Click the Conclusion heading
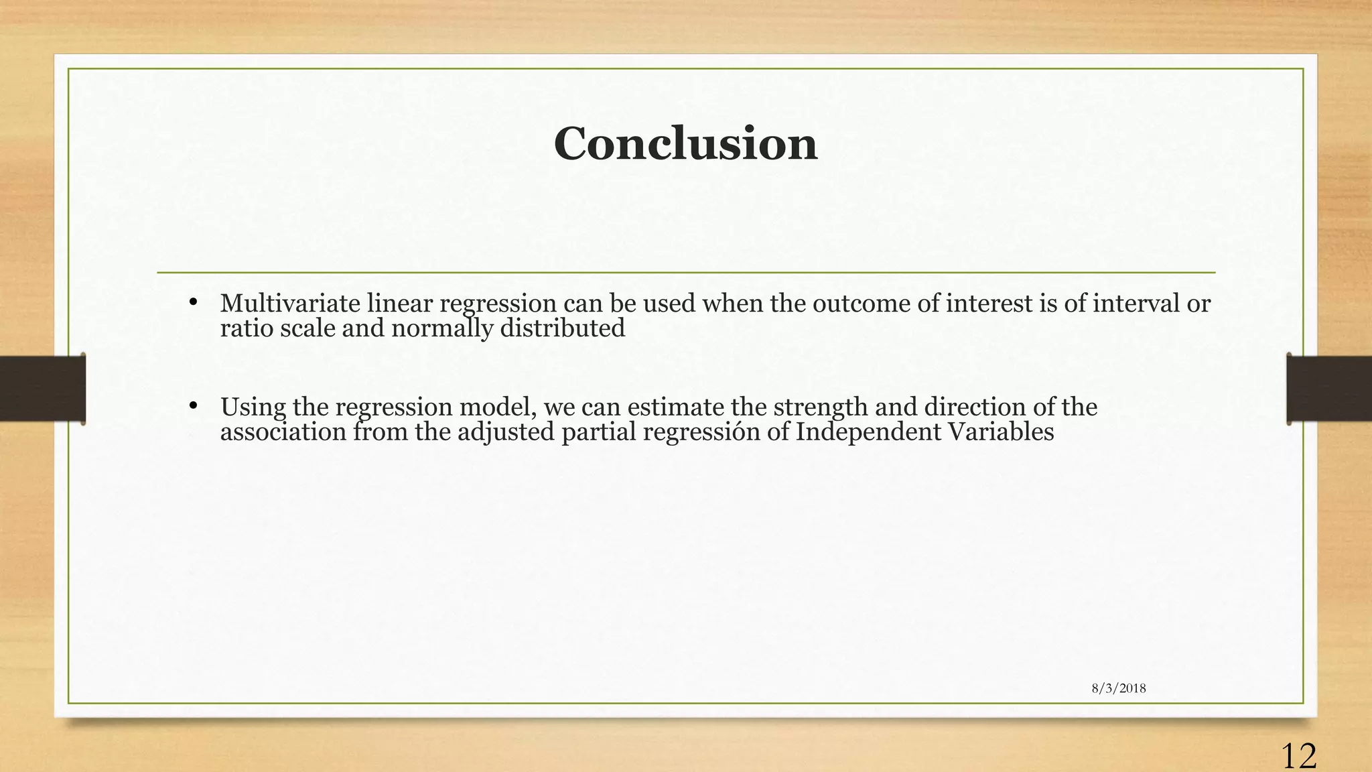pyautogui.click(x=685, y=144)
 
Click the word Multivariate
pyautogui.click(x=290, y=304)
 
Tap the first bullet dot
pyautogui.click(x=193, y=302)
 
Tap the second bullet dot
pyautogui.click(x=193, y=405)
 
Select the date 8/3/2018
pyautogui.click(x=1118, y=688)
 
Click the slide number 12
pyautogui.click(x=1298, y=756)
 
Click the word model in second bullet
pyautogui.click(x=498, y=407)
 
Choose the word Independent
pyautogui.click(x=868, y=432)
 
